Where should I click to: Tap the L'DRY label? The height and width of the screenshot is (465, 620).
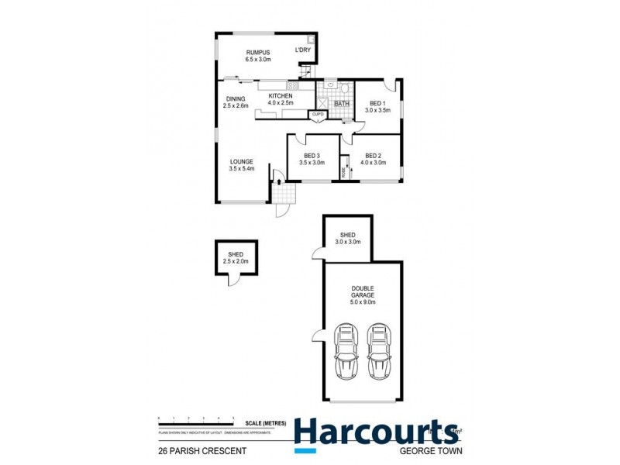(x=304, y=50)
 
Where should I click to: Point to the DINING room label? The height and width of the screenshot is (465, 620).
(x=236, y=98)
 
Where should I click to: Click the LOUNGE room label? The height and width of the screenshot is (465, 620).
(x=241, y=162)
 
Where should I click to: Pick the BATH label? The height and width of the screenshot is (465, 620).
(x=342, y=104)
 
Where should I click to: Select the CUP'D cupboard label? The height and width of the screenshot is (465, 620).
(x=316, y=115)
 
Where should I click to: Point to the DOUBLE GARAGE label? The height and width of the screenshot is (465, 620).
(x=362, y=293)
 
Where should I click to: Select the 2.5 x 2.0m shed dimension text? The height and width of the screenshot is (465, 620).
(x=236, y=261)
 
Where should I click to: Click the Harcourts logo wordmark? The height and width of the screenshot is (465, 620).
(x=376, y=431)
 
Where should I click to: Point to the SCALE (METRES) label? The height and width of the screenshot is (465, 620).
(x=263, y=422)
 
